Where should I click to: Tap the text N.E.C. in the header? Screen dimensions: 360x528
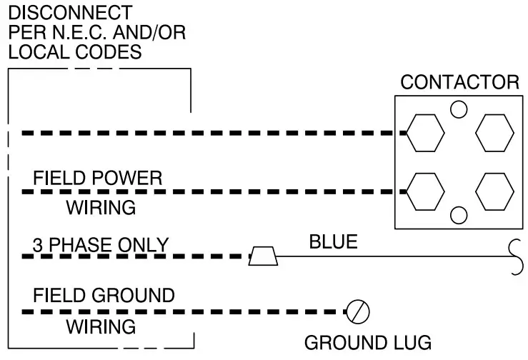[78, 33]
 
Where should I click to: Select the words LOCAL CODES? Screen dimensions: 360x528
[74, 53]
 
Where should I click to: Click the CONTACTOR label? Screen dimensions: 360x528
[459, 81]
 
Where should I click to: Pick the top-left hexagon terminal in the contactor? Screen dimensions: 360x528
[425, 133]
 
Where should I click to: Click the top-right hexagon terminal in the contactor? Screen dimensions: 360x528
[494, 133]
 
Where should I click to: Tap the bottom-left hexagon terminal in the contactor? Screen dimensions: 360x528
[425, 191]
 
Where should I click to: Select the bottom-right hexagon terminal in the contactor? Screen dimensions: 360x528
[494, 191]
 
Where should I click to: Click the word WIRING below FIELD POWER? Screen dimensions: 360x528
[101, 208]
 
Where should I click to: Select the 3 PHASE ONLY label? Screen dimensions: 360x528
[100, 244]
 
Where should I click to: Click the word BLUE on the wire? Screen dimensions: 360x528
[333, 242]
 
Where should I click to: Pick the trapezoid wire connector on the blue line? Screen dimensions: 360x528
[263, 256]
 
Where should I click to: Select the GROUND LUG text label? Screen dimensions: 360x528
[367, 343]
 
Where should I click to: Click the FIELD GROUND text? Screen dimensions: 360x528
[104, 295]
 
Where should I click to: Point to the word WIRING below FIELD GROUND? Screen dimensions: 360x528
[101, 326]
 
